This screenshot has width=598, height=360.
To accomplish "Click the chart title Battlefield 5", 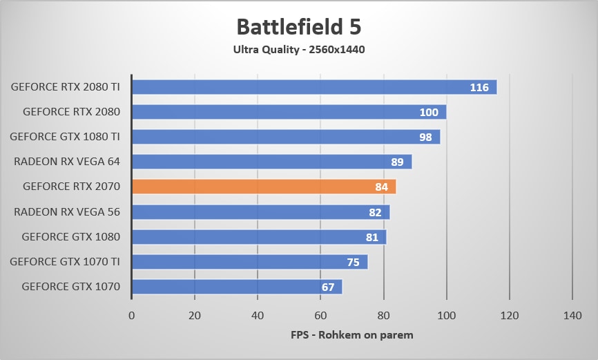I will (298, 27).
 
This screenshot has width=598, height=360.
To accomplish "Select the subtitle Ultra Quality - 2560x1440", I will (298, 50).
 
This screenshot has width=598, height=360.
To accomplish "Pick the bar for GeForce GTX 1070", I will (236, 286).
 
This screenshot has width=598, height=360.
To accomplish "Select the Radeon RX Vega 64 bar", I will (271, 162).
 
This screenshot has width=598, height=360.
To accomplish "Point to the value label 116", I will (479, 88).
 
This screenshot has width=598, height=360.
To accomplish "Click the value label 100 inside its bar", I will (429, 113).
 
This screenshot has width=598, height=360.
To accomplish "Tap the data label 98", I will (425, 138).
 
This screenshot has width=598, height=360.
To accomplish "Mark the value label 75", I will (353, 262).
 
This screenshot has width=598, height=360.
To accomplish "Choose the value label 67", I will (328, 287).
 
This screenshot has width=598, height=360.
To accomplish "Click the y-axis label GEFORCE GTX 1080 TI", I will (65, 137).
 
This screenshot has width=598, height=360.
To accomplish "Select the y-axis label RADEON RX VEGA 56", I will (67, 211).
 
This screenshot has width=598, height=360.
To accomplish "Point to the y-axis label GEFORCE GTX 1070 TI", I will (65, 261).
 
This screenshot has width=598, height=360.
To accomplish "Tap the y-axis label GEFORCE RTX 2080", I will (71, 112).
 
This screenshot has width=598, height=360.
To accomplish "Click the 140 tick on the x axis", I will (572, 315).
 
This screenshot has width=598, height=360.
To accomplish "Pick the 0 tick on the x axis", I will (132, 315).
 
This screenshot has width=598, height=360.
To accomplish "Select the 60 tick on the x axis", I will (320, 315).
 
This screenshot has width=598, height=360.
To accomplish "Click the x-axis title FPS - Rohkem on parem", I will (351, 335).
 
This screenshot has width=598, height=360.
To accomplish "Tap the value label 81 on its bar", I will (372, 237).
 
